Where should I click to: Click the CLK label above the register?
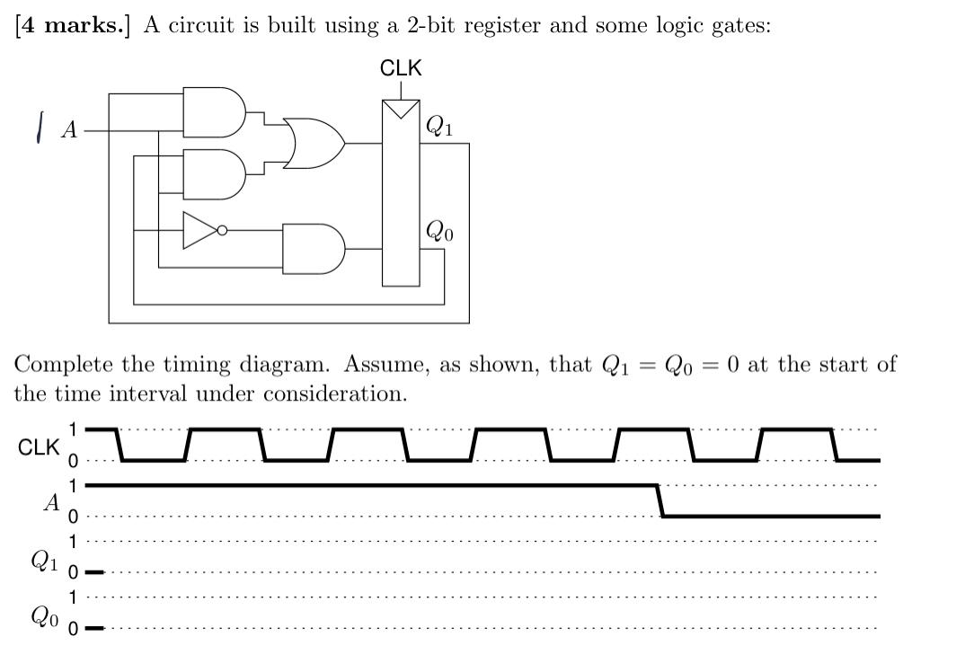pos(401,68)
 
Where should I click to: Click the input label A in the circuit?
pos(68,130)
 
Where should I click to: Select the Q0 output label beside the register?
pos(438,232)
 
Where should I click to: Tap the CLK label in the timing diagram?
pos(39,447)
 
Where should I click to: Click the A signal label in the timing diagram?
pos(52,502)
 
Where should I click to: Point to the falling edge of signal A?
pos(660,501)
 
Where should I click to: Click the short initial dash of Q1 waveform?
pos(94,571)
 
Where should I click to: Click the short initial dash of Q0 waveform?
pos(94,628)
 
